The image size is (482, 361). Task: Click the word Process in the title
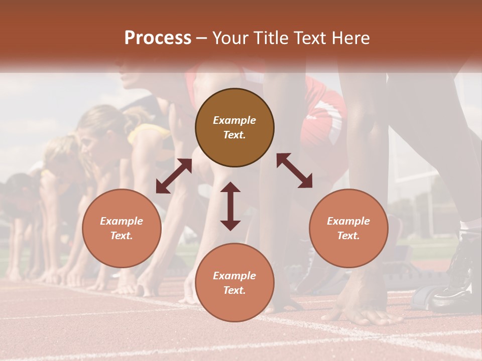click(x=158, y=38)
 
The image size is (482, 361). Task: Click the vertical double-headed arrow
click(x=230, y=206)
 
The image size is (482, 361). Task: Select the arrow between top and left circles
click(x=174, y=175)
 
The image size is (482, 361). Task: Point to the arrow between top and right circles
click(x=294, y=170)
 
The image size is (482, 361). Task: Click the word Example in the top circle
click(x=234, y=120)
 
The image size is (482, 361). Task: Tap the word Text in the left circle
click(x=122, y=236)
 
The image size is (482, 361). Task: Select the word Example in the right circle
click(x=348, y=221)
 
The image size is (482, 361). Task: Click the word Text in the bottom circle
click(x=234, y=290)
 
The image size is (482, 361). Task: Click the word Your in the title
click(x=230, y=38)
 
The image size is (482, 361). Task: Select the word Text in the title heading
click(x=309, y=38)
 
